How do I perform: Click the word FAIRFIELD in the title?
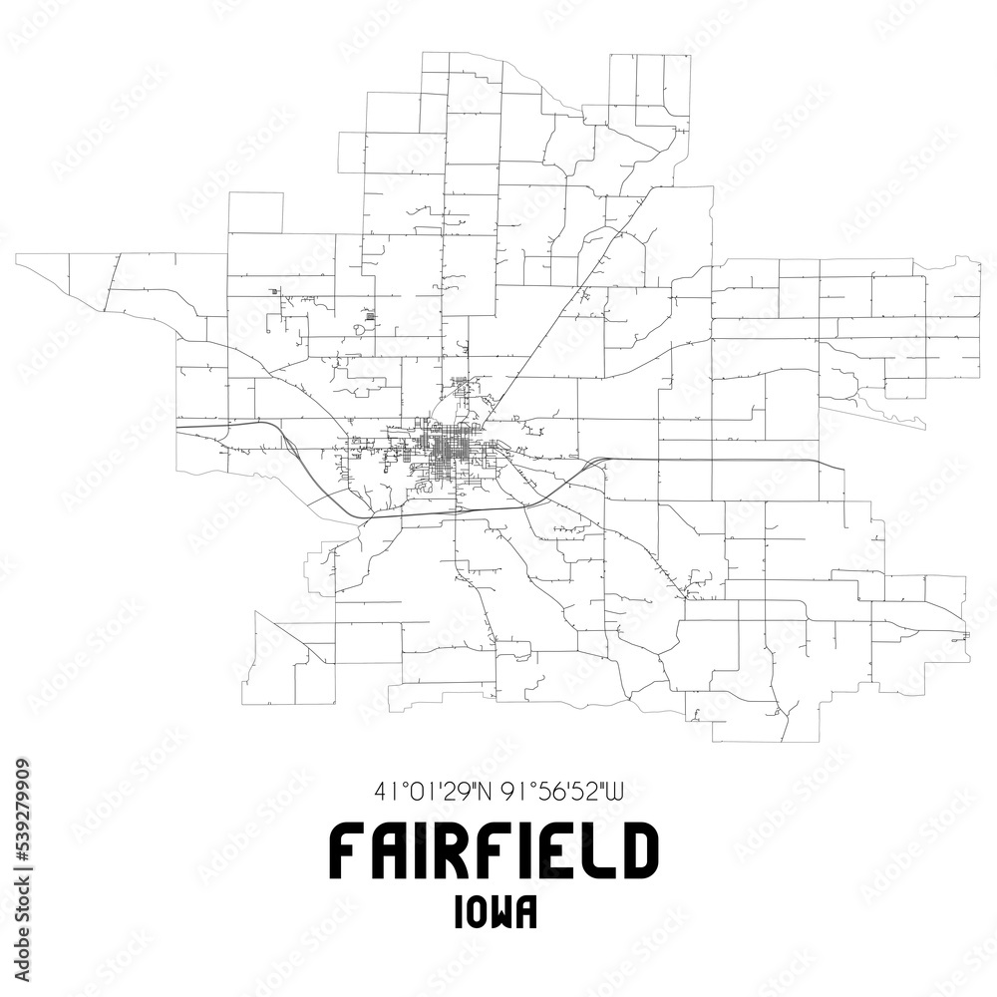pyautogui.click(x=494, y=850)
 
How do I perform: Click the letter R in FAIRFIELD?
pyautogui.click(x=444, y=850)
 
